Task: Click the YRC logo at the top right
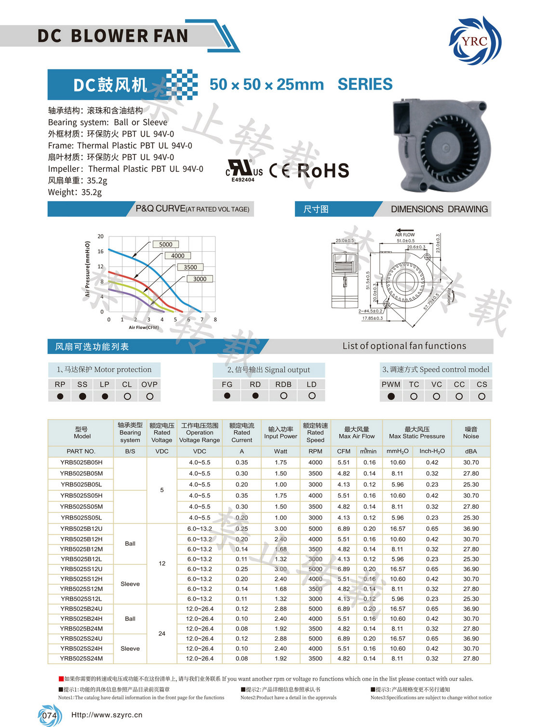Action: (475, 41)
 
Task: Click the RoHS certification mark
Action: (322, 170)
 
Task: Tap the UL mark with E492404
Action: (244, 171)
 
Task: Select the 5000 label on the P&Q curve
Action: (165, 245)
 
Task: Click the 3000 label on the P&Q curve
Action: (200, 279)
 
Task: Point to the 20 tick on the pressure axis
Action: (100, 236)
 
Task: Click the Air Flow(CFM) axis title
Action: (144, 328)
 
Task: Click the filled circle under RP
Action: (60, 397)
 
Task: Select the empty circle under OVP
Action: (149, 397)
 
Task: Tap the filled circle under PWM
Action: (391, 397)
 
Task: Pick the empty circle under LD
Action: (312, 396)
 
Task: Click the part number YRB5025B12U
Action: (81, 529)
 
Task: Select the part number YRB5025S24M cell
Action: (81, 658)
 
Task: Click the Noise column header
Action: (471, 433)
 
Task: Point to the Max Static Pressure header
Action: (417, 433)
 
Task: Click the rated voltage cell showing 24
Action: (162, 633)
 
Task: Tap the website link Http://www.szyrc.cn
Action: (107, 715)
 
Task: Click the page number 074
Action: (49, 715)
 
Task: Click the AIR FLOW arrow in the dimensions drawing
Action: (405, 230)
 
